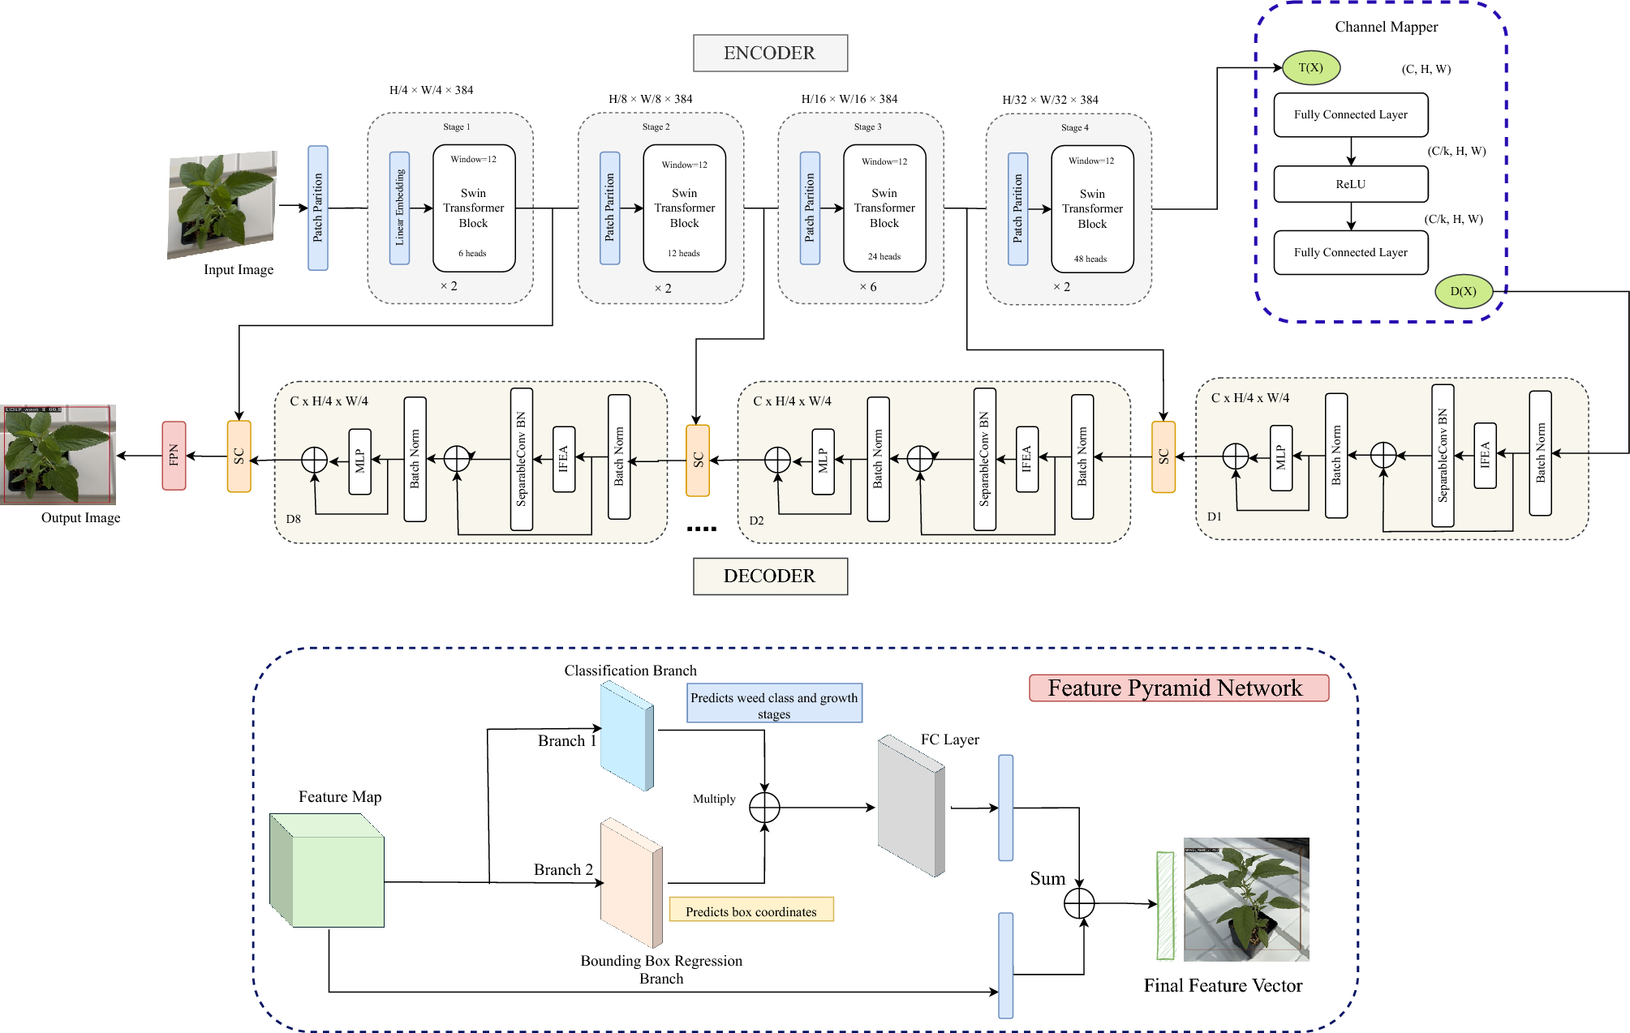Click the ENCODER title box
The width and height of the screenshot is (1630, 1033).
coord(770,54)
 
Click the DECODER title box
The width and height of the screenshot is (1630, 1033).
coord(770,577)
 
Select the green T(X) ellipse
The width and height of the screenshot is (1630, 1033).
coord(1310,68)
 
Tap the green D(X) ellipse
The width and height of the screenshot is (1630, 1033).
coord(1463,292)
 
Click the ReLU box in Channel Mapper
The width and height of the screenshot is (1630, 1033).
coord(1350,185)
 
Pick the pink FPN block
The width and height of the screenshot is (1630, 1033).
coord(174,456)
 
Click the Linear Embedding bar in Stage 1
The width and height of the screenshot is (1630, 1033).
coord(399,208)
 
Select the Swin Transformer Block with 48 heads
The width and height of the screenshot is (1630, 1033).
coord(1092,209)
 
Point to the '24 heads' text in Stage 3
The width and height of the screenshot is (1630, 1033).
coord(884,257)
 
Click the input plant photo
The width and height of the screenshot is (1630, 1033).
coord(222,204)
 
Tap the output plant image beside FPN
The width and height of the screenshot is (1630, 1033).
coord(58,455)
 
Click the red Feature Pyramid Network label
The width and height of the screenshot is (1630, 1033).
coord(1178,688)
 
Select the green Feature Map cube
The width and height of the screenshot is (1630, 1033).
coord(328,871)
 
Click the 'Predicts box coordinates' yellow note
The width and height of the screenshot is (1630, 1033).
coord(751,910)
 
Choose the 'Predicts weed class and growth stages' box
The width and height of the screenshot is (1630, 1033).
coord(774,704)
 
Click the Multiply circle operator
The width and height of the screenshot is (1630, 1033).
coord(764,808)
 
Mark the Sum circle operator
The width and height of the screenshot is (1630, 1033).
coord(1079,902)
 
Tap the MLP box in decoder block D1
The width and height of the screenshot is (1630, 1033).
coord(1281,458)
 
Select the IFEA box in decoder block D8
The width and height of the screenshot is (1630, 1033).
coord(564,459)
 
